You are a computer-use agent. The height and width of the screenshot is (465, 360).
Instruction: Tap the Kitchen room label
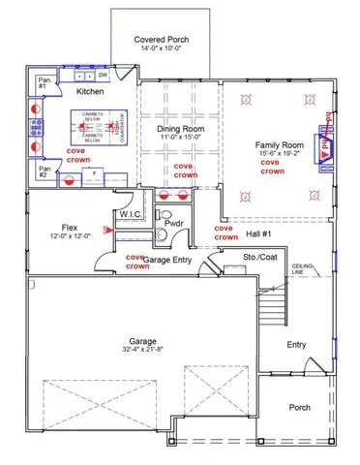tap(90, 91)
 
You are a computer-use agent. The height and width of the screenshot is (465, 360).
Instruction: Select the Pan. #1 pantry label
tap(44, 80)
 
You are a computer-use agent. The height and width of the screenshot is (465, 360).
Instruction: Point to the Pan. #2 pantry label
tap(44, 170)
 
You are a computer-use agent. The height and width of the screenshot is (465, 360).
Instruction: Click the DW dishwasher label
tap(104, 74)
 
